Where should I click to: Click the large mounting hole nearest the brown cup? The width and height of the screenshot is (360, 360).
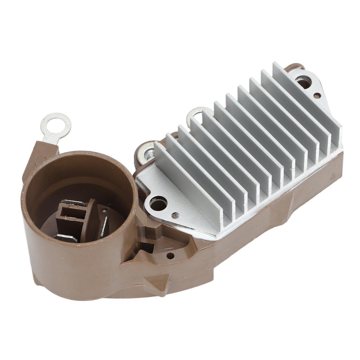(x=156, y=203)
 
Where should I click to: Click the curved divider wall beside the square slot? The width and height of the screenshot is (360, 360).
(x=92, y=218)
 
